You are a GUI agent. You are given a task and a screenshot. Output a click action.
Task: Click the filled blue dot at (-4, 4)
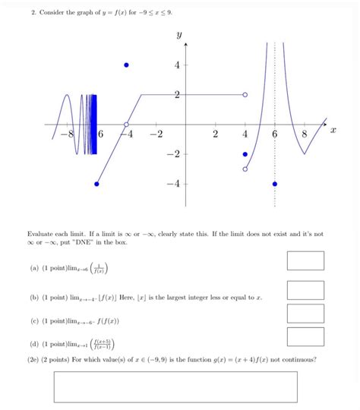click(127, 65)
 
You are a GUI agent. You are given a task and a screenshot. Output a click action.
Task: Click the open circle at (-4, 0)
click(127, 124)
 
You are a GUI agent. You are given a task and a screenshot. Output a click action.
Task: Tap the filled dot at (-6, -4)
click(96, 184)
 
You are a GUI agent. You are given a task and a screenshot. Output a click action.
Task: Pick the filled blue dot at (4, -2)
click(245, 154)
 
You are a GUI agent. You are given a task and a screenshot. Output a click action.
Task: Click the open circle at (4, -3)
click(245, 169)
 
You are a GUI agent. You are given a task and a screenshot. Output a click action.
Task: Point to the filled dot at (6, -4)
click(274, 184)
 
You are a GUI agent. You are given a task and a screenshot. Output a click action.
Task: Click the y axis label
click(179, 34)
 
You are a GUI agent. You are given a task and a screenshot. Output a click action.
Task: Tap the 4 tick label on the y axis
click(176, 65)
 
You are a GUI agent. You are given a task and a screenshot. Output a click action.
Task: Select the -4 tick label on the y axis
click(174, 184)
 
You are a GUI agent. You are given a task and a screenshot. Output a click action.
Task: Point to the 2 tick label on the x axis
click(215, 134)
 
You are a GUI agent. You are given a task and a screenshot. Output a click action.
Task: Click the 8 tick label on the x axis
click(304, 134)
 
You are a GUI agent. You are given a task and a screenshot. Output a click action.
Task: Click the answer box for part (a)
click(305, 260)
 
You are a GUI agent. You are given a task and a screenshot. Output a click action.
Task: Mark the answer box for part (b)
click(305, 290)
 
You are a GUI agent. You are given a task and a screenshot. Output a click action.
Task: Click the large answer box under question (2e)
click(175, 386)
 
